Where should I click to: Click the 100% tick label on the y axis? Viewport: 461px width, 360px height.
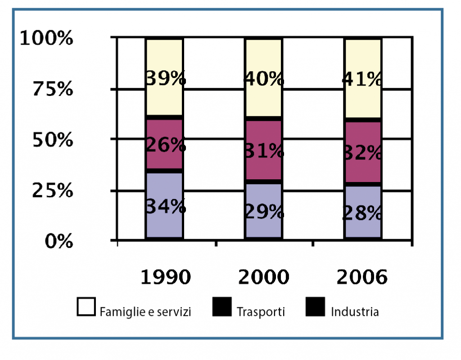point(47,39)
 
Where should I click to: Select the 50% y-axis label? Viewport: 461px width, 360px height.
point(53,140)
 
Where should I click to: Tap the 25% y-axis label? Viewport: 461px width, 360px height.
point(53,191)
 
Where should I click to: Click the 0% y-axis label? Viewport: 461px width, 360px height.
point(59,242)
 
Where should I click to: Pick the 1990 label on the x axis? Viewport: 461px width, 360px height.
point(165,278)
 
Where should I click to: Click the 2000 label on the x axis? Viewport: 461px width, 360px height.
point(263,278)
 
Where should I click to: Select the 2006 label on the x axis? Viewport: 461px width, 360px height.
point(362,278)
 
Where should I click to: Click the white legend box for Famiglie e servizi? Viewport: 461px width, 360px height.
point(86,306)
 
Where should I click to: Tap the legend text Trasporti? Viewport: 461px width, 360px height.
point(261,311)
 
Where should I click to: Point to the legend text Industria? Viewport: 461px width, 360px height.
point(355,311)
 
